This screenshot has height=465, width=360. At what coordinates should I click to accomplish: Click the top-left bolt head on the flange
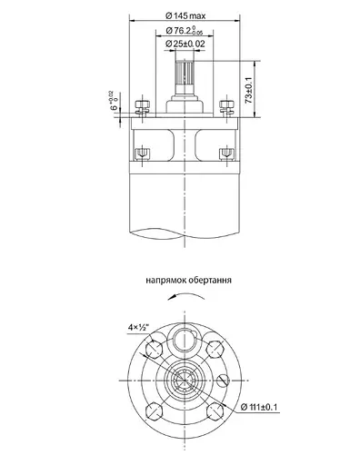point(141,105)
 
